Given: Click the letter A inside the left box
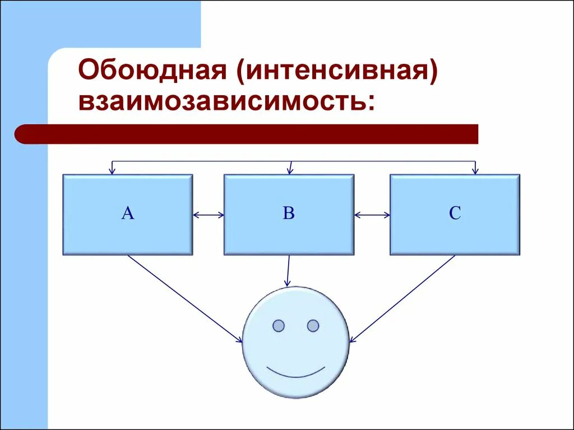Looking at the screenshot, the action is click(128, 213).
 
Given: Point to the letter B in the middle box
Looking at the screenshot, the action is click(289, 213).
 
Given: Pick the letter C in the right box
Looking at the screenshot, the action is click(455, 213).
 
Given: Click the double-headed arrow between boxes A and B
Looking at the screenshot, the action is click(208, 214).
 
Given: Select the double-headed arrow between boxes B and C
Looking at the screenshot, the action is click(372, 214).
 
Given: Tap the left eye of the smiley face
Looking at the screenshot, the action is click(279, 325).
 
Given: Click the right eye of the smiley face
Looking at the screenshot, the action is click(313, 325).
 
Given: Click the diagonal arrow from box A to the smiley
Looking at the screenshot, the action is click(185, 298).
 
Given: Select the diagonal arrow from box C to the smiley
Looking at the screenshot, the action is click(402, 298).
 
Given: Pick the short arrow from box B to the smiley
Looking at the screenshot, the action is click(288, 271).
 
